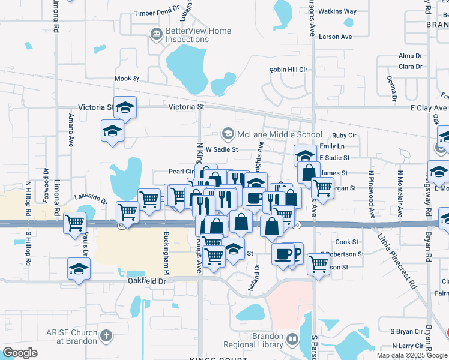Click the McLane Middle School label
pyautogui.click(x=280, y=134)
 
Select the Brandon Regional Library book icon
pyautogui.click(x=291, y=340)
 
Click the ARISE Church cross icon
pyautogui.click(x=106, y=336)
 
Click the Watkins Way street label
pyautogui.click(x=337, y=11)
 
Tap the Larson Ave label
pyautogui.click(x=336, y=37)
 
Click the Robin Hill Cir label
pyautogui.click(x=288, y=70)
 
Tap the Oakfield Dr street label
pyautogui.click(x=146, y=280)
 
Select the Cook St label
pyautogui.click(x=347, y=242)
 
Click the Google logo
pyautogui.click(x=20, y=352)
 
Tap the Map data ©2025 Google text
pyautogui.click(x=411, y=355)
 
